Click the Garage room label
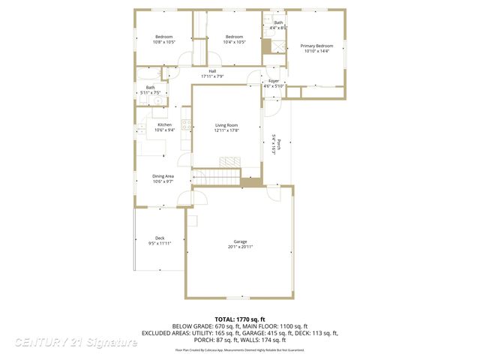click(x=240, y=241)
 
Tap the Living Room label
click(x=226, y=125)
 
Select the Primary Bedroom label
click(x=317, y=46)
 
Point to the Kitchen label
click(x=164, y=124)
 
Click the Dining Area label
click(x=163, y=176)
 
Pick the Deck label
click(x=160, y=238)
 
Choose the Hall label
click(x=212, y=71)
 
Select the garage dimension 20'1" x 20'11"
click(x=240, y=247)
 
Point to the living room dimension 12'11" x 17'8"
click(x=226, y=130)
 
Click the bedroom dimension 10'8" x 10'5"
click(x=164, y=42)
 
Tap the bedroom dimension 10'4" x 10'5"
click(x=235, y=42)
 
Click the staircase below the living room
click(x=216, y=178)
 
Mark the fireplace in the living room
click(x=230, y=161)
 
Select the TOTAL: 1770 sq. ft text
click(x=240, y=319)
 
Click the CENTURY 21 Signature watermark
click(x=75, y=343)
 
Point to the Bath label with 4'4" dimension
click(x=278, y=22)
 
